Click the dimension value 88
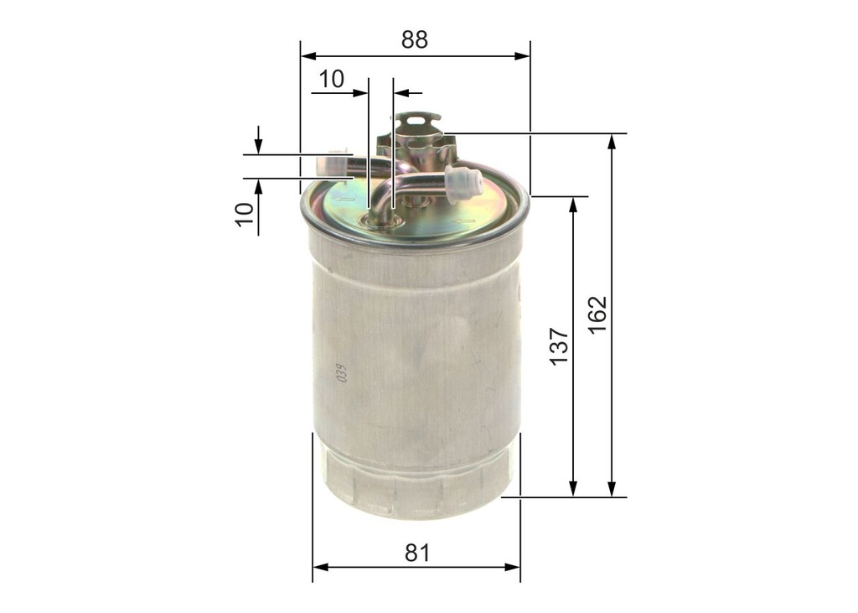tap(414, 39)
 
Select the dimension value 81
tap(416, 553)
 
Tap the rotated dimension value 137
tap(559, 345)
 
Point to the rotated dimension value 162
tap(597, 314)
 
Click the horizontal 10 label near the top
tap(331, 79)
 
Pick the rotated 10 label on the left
tap(244, 214)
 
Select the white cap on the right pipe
tap(463, 183)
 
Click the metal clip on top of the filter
tap(416, 126)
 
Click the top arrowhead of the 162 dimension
tap(612, 141)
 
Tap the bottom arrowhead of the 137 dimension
tap(573, 489)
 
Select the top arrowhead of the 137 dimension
tap(573, 204)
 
